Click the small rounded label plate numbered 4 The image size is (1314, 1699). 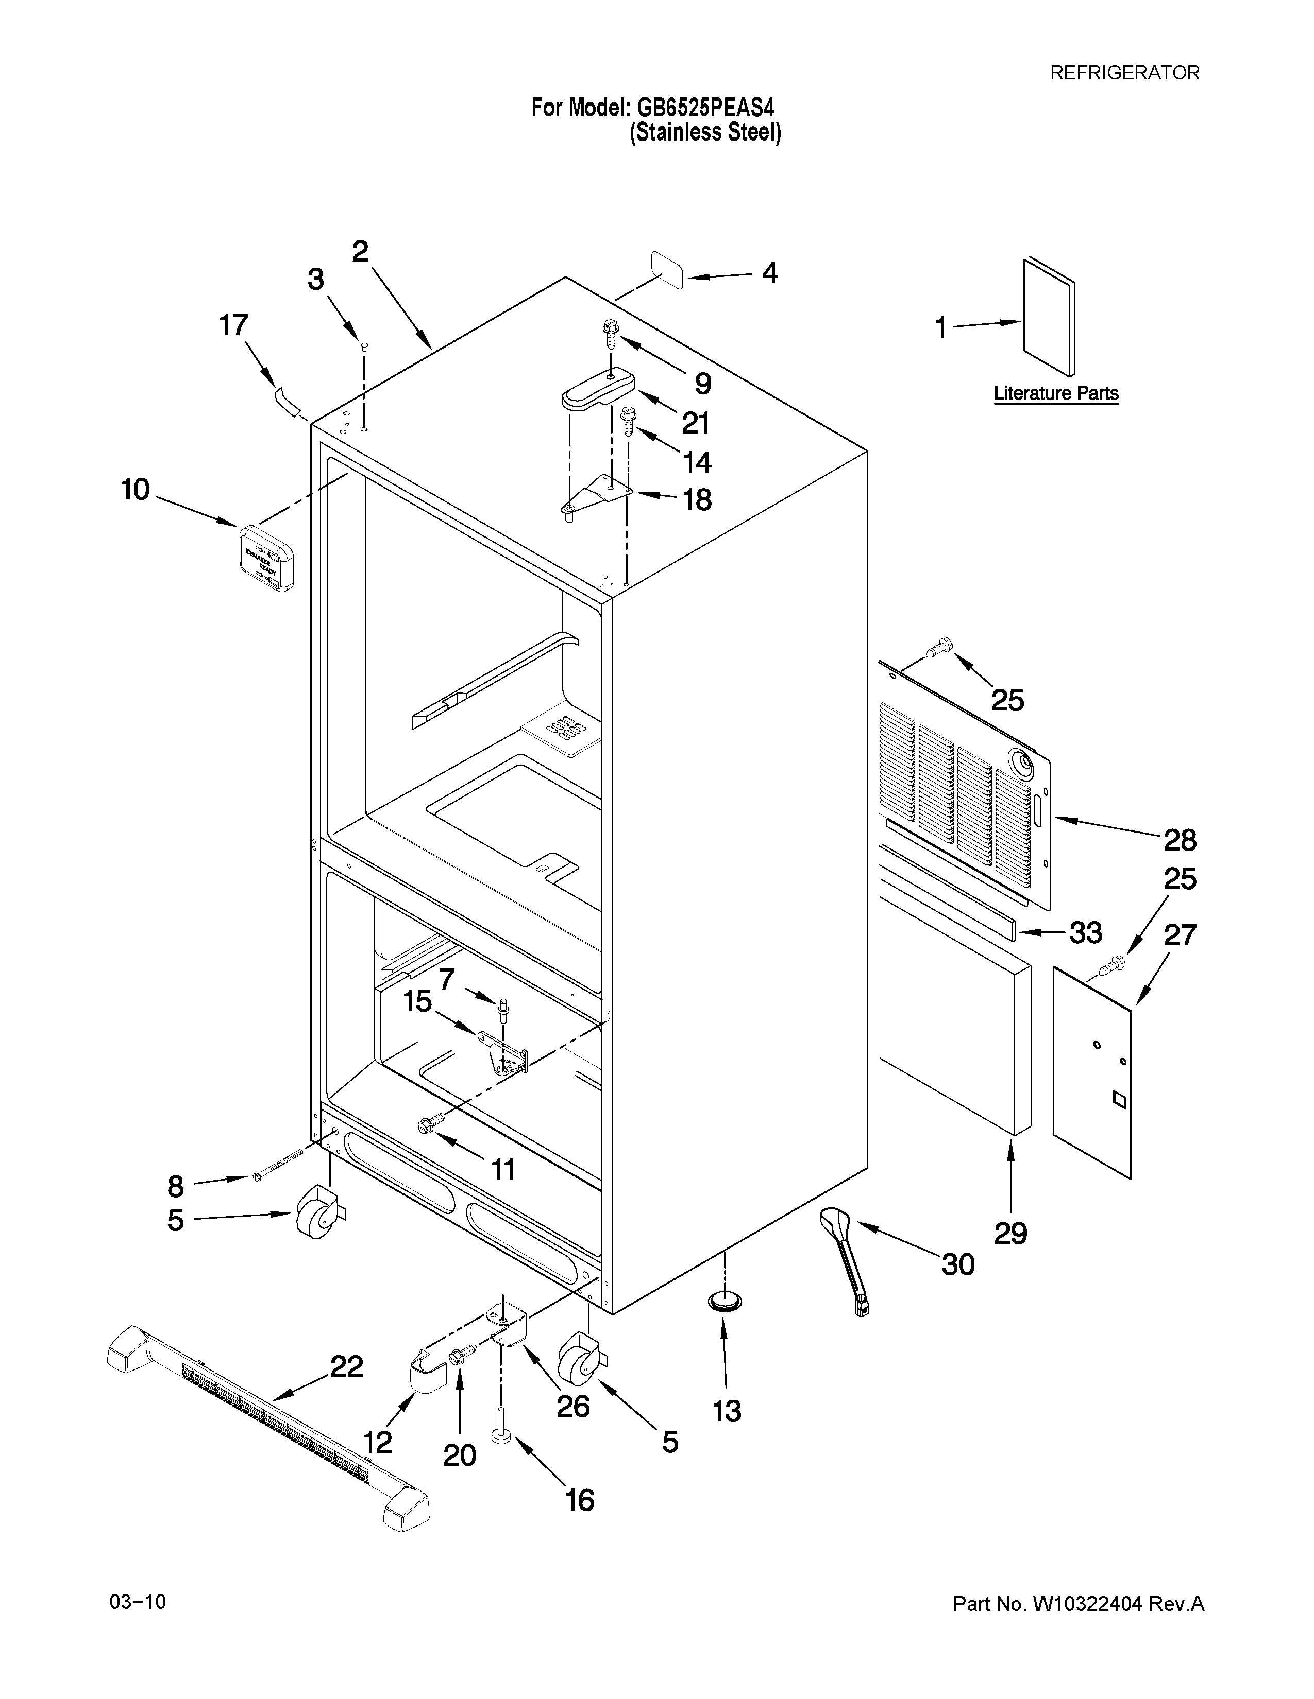[667, 270]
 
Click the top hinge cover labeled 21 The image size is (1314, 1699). [598, 389]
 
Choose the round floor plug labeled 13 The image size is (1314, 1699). [724, 1300]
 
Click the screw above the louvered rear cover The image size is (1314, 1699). [939, 646]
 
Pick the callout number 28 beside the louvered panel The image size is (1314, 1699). [1180, 840]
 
